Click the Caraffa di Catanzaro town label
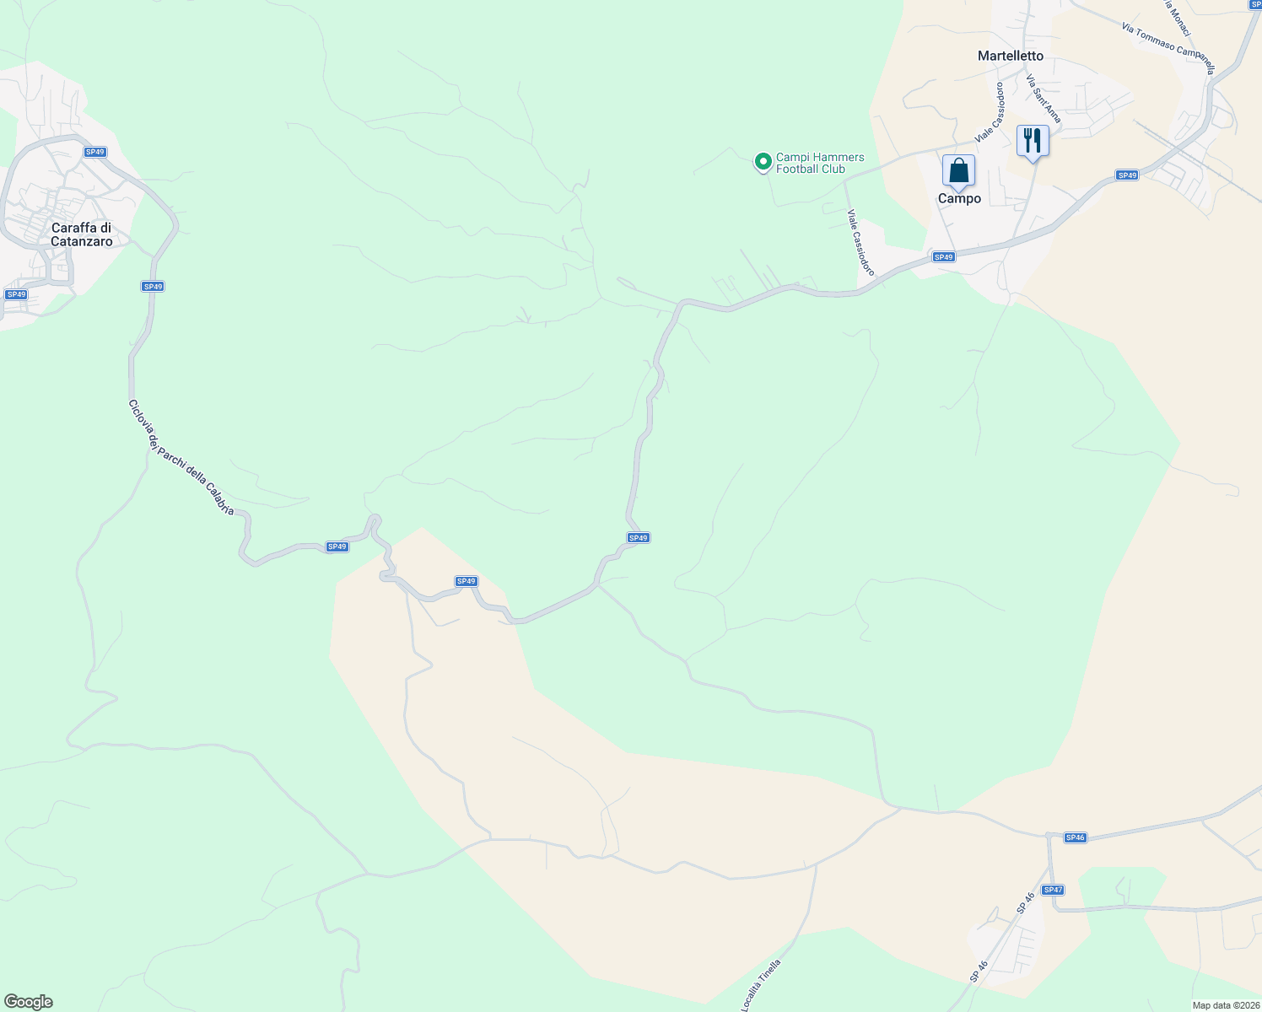coord(82,234)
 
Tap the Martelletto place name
coord(1010,56)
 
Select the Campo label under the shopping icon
coord(959,198)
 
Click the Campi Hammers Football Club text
coord(819,163)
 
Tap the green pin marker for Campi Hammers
coord(763,161)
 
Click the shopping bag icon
coord(958,171)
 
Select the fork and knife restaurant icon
coord(1033,140)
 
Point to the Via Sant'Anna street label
coord(1043,98)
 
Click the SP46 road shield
coord(1075,837)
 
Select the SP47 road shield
coord(1053,890)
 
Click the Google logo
coord(28,1002)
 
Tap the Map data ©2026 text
coord(1225,1005)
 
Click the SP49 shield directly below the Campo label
coord(943,256)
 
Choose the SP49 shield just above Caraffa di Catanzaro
coord(95,152)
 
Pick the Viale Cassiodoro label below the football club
coord(861,243)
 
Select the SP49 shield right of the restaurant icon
coord(1127,175)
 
